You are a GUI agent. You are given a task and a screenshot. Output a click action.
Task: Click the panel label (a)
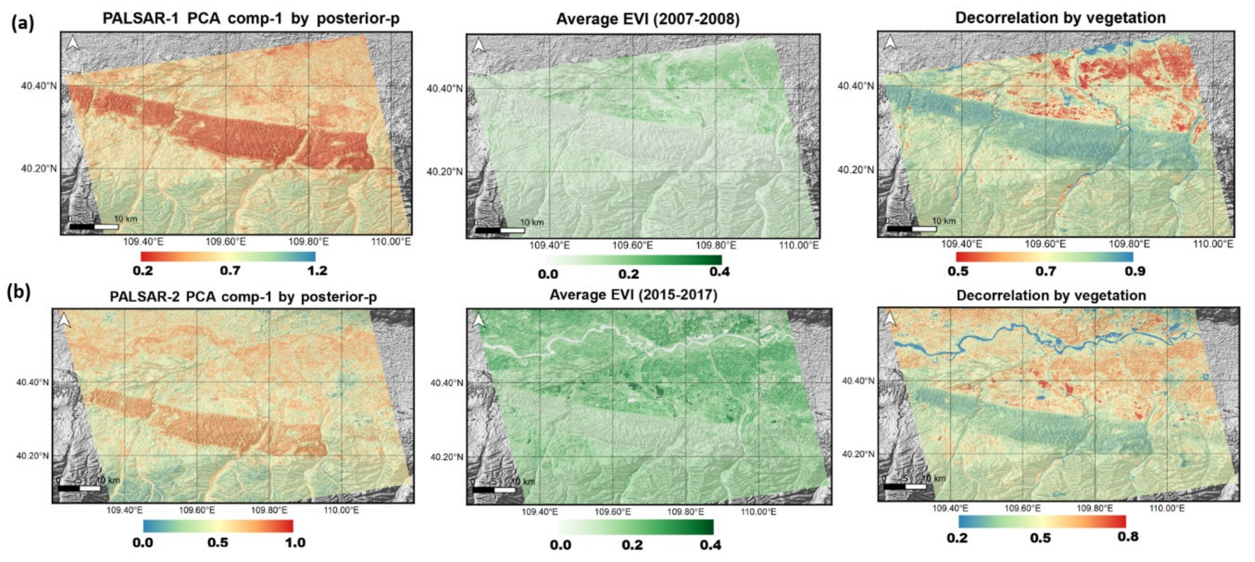23,23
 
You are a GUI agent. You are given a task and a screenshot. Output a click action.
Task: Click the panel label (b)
19,292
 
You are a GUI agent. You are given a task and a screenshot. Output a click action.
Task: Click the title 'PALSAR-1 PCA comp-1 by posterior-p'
251,19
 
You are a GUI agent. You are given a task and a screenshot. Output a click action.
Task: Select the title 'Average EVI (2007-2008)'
648,19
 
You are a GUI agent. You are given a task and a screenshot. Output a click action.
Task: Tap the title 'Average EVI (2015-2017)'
633,295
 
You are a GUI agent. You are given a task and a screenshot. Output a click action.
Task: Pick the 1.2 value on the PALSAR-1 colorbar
317,271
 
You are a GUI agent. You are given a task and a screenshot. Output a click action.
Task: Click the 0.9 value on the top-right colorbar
1135,271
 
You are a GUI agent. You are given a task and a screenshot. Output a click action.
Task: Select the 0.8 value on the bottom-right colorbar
1127,537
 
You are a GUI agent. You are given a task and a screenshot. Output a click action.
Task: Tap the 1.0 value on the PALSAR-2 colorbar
295,543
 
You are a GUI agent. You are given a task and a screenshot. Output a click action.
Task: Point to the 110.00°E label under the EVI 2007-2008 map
799,245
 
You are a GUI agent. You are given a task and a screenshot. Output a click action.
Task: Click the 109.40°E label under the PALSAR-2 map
125,510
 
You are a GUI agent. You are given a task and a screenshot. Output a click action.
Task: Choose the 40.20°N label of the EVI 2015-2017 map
446,457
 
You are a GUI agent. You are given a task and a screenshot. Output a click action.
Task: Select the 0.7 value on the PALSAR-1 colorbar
230,271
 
